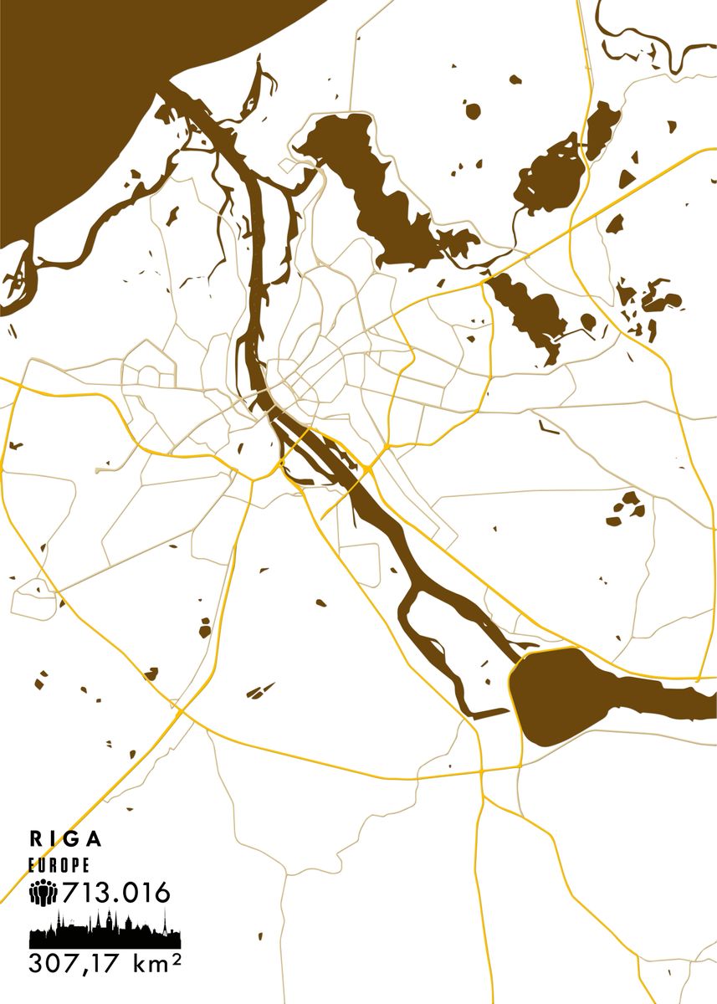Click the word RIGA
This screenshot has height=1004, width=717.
(x=66, y=838)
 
